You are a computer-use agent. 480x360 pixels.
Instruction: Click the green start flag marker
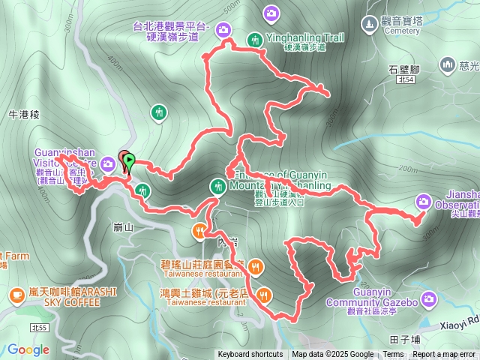click(x=130, y=160)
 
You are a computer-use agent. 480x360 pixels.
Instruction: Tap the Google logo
click(x=28, y=349)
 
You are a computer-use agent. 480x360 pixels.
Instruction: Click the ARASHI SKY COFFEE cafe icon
click(x=16, y=295)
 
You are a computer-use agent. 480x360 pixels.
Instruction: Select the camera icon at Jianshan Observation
click(x=424, y=201)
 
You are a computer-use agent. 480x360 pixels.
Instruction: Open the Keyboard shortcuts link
click(x=250, y=354)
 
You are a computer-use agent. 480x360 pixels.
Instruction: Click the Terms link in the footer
click(x=393, y=354)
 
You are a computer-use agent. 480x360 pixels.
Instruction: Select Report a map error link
click(x=444, y=354)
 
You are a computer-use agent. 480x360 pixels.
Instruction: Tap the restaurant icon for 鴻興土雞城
click(x=262, y=293)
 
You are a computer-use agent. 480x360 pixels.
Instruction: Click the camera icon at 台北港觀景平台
click(x=223, y=30)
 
